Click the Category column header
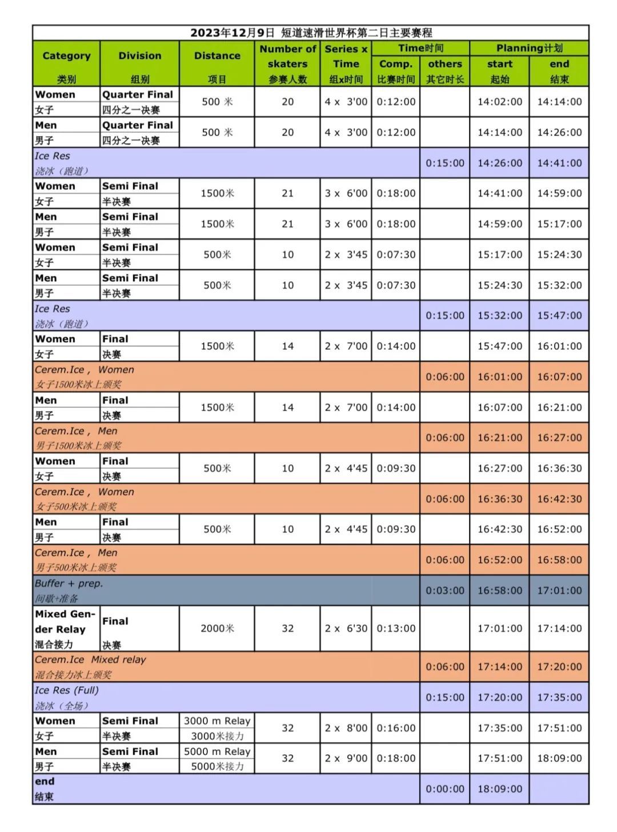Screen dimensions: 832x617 click(x=66, y=56)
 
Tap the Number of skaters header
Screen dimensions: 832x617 click(x=287, y=56)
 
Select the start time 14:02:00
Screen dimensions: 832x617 click(x=499, y=102)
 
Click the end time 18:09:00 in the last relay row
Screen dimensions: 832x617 click(x=559, y=758)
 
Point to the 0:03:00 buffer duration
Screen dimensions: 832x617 click(x=444, y=591)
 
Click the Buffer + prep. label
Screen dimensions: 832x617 click(x=69, y=584)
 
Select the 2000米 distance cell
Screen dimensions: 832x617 click(x=217, y=628)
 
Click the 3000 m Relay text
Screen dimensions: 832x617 click(x=217, y=721)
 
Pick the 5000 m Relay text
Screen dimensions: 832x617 click(x=217, y=751)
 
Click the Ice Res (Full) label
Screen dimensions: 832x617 click(x=66, y=690)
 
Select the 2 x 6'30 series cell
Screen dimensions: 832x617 click(x=346, y=628)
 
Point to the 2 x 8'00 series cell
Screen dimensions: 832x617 click(x=346, y=728)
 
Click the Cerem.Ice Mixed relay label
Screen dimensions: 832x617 click(x=90, y=660)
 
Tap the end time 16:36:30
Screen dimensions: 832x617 click(x=559, y=468)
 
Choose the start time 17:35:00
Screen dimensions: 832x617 click(x=499, y=728)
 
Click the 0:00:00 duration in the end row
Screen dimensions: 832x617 click(x=444, y=789)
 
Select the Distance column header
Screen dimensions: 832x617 click(x=217, y=56)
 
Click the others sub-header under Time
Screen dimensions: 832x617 click(x=444, y=64)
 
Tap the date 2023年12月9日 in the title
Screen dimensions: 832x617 click(x=233, y=33)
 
